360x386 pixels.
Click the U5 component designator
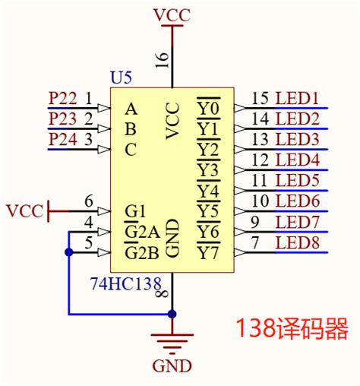click(122, 78)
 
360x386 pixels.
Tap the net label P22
click(62, 98)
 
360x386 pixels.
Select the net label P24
click(62, 139)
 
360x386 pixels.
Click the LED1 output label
click(297, 98)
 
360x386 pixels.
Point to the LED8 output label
click(297, 242)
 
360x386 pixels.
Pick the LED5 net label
click(297, 180)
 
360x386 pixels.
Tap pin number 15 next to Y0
click(260, 98)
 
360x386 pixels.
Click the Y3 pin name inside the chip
click(207, 169)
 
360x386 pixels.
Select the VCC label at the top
click(172, 14)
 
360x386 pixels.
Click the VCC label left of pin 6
click(24, 210)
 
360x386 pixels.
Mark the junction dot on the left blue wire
click(69, 252)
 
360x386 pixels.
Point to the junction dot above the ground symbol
click(172, 313)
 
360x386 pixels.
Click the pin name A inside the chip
click(131, 108)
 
